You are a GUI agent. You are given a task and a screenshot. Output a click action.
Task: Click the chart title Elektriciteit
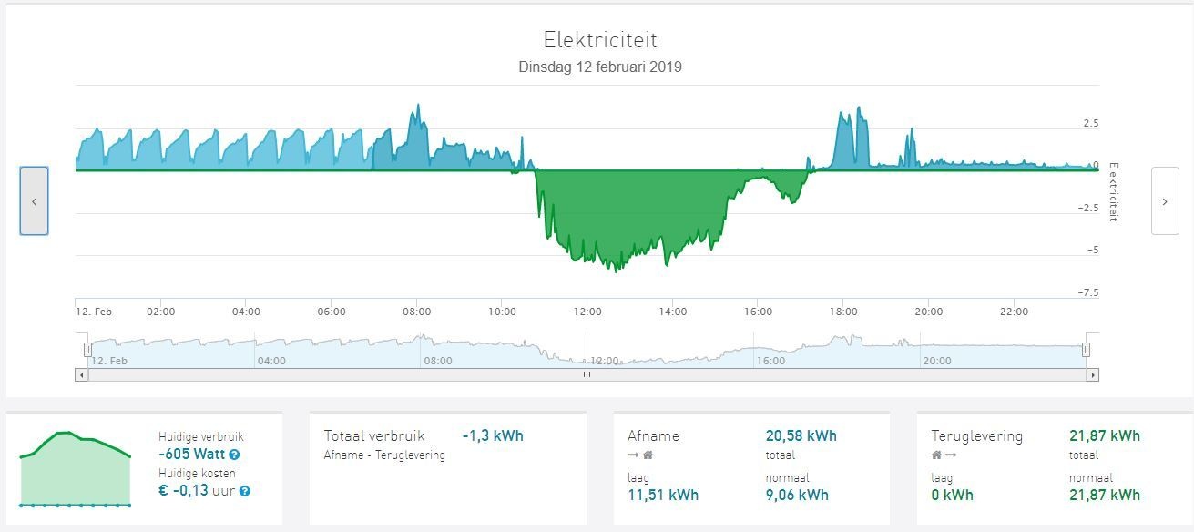tap(600, 40)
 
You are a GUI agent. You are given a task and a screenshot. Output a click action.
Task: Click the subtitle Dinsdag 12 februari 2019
tap(600, 67)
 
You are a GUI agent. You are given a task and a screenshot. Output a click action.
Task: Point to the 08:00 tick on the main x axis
tap(417, 312)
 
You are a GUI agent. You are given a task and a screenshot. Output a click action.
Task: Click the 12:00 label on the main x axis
tap(587, 312)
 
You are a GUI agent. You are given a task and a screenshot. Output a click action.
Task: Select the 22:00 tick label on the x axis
tap(1014, 312)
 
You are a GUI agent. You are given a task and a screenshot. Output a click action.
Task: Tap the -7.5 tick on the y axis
tap(1089, 293)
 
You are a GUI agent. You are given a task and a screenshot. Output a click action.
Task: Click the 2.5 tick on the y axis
tap(1090, 123)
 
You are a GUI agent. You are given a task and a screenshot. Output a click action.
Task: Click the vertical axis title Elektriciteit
tap(1113, 192)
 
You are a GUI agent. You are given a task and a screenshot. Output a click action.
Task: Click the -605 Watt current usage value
tap(191, 455)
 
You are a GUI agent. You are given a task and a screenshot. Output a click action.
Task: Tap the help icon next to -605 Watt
tap(235, 455)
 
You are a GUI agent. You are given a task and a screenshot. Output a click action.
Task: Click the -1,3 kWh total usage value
tap(493, 435)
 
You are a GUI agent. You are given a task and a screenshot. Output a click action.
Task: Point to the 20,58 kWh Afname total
tap(801, 436)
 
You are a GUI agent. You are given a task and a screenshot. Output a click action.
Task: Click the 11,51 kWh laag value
tap(663, 496)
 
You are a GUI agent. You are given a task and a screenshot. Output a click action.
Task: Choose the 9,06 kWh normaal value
tap(797, 496)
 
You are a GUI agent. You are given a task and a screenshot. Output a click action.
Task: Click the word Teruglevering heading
tap(976, 436)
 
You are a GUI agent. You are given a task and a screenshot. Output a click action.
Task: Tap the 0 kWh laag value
tap(952, 496)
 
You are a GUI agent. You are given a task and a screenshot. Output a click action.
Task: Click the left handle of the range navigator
tap(88, 350)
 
